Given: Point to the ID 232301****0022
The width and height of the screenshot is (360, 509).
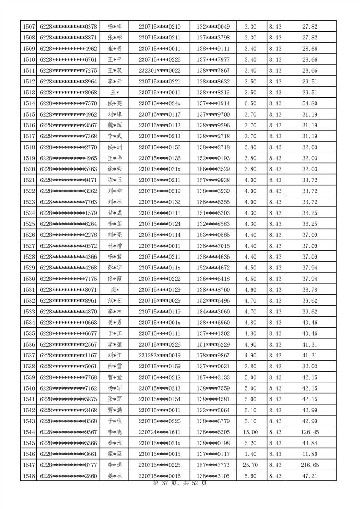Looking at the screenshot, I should point(159,71).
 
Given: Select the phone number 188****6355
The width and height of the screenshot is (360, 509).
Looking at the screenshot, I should point(213,202).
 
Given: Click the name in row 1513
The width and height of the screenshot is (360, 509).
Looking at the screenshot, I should point(115,93).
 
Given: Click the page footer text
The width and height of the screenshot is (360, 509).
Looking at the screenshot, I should point(180,484).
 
